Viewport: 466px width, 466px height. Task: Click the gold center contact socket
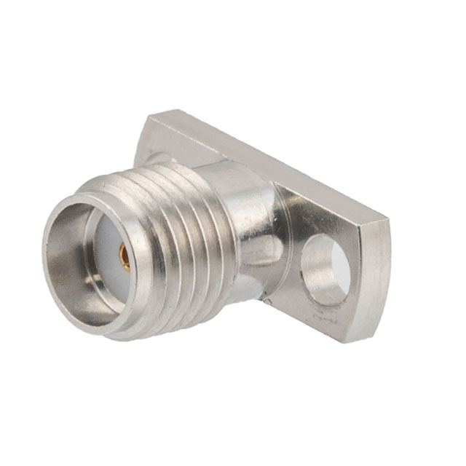click(x=125, y=256)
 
